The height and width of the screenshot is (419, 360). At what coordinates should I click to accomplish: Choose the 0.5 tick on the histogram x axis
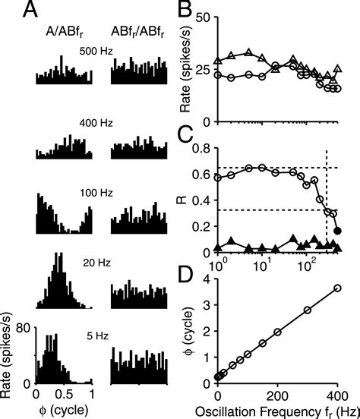(x=64, y=396)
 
